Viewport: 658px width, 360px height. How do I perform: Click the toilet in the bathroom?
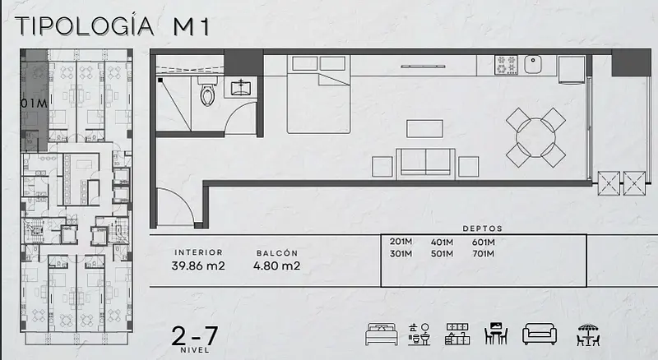[x=207, y=91]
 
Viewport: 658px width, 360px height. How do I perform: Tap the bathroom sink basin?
[x=241, y=88]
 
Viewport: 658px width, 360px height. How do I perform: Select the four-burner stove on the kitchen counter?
[x=506, y=65]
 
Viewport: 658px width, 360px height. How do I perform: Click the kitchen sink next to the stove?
[x=532, y=65]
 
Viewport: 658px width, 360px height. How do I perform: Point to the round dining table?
[x=536, y=137]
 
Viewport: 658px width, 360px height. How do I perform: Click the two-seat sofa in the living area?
[x=425, y=163]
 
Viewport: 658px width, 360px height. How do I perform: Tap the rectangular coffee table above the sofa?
[x=424, y=129]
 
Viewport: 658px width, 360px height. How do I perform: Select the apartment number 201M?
[x=401, y=242]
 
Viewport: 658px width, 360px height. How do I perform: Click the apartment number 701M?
[x=483, y=253]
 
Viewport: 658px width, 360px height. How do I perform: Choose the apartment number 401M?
[x=442, y=242]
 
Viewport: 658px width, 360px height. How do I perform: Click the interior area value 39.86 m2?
[x=198, y=265]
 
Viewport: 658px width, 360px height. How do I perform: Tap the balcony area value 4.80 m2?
[x=276, y=265]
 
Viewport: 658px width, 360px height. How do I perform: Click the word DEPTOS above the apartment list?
[x=483, y=228]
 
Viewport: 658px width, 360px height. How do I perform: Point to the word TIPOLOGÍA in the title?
[x=85, y=26]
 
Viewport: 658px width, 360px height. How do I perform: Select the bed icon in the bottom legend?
[x=381, y=334]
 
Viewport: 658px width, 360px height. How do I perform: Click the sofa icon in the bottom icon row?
[x=540, y=334]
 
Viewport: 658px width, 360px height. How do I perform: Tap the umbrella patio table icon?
[x=588, y=335]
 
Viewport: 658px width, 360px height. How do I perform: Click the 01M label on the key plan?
[x=34, y=104]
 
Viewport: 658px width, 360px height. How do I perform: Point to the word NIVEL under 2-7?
[x=195, y=350]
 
